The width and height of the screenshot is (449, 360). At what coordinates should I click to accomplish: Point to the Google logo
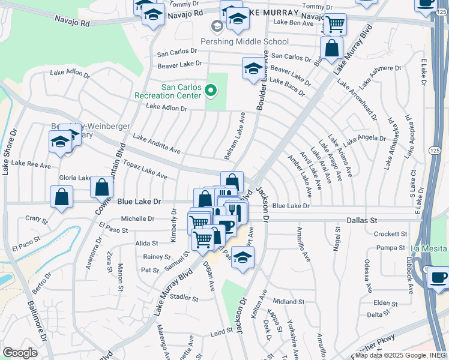pyautogui.click(x=20, y=353)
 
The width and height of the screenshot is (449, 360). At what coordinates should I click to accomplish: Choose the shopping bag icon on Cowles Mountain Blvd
pyautogui.click(x=102, y=187)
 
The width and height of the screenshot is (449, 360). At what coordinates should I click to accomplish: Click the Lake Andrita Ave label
pyautogui.click(x=157, y=143)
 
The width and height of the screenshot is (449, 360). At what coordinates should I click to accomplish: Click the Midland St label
pyautogui.click(x=289, y=301)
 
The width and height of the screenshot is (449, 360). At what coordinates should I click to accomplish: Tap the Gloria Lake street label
pyautogui.click(x=75, y=178)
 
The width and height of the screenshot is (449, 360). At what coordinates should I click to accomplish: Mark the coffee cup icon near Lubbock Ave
pyautogui.click(x=439, y=277)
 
